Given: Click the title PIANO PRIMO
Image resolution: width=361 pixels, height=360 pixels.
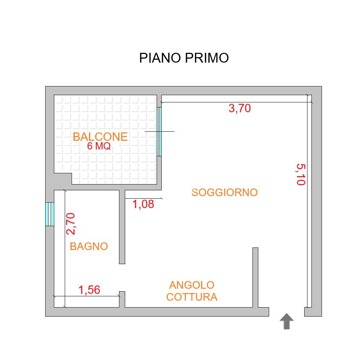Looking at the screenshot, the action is [184, 58].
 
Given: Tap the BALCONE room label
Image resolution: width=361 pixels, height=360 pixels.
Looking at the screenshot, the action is [100, 137].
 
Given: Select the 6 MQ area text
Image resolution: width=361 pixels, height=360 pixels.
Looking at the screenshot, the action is [99, 147].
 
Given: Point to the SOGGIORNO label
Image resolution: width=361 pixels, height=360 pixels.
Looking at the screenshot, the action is [224, 192].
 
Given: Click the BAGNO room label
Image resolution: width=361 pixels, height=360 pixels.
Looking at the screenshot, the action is [89, 246].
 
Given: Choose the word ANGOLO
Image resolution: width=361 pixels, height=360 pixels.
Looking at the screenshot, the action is [192, 285].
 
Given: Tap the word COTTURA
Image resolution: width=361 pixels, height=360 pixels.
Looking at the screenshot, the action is [192, 297].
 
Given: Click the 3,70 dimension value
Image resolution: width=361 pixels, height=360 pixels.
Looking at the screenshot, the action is [239, 108].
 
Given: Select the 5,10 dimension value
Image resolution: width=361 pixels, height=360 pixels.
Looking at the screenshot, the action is [300, 174].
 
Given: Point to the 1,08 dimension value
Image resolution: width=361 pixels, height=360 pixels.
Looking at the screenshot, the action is [143, 204].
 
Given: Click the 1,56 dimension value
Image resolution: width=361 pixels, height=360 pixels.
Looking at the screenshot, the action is [89, 290].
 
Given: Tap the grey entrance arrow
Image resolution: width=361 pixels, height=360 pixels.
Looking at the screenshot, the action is [286, 322].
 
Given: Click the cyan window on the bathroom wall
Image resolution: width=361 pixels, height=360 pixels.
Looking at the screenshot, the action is [50, 214].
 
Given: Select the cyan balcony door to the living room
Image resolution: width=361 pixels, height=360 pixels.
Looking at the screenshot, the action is [159, 131].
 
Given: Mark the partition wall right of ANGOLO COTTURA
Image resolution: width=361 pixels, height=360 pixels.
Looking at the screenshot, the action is [255, 277].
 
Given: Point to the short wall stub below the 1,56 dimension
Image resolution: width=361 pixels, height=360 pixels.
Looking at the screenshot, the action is [122, 299].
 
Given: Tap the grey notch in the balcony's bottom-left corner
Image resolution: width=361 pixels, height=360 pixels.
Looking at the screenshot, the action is [63, 178].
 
